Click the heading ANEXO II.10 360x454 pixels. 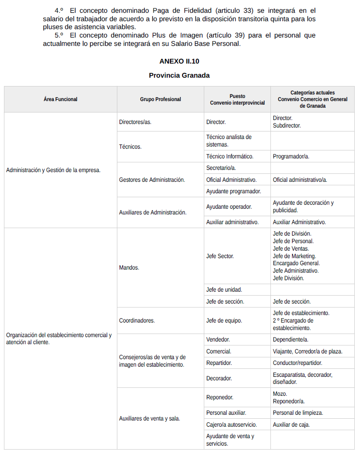[x=179, y=61]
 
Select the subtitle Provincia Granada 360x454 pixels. [x=179, y=75]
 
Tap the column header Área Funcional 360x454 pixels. [x=60, y=99]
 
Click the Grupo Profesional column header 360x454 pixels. [x=160, y=99]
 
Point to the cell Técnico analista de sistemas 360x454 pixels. [x=229, y=141]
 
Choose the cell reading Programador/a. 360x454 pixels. [x=291, y=156]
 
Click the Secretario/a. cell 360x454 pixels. [x=221, y=168]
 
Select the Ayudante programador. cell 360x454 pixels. [x=233, y=191]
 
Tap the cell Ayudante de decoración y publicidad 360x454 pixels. [x=303, y=206]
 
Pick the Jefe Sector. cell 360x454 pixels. [x=220, y=256]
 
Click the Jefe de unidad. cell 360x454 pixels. [x=224, y=290]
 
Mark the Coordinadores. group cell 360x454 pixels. [x=137, y=320]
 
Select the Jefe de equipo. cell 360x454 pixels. [x=224, y=320]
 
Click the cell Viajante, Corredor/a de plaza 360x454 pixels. [x=307, y=352]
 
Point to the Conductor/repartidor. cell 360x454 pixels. [x=297, y=363]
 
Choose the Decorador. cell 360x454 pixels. [x=219, y=378]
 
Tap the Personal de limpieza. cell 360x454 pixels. [x=298, y=413]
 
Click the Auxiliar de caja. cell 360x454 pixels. [x=291, y=424]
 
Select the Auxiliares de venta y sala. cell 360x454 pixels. [x=150, y=418]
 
